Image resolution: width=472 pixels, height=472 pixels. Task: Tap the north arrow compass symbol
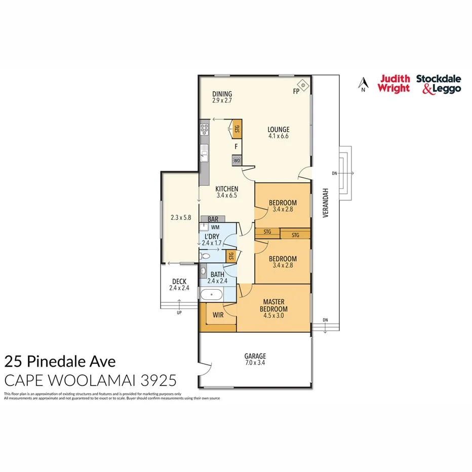(x=362, y=84)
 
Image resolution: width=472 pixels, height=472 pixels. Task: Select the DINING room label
(x=222, y=94)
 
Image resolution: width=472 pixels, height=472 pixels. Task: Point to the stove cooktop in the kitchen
(x=204, y=129)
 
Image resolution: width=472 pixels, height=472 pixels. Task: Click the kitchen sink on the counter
(x=204, y=152)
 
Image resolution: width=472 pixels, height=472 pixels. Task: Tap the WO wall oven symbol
(x=237, y=161)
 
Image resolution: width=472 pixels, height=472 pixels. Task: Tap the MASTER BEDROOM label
(x=273, y=306)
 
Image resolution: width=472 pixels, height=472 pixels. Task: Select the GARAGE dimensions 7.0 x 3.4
(x=255, y=363)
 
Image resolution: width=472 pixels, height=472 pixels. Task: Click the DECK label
(x=179, y=282)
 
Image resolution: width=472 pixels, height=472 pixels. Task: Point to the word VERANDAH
(x=325, y=203)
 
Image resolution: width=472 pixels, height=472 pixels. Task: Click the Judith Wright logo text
(x=394, y=84)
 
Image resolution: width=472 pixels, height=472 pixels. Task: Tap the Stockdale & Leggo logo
(x=439, y=84)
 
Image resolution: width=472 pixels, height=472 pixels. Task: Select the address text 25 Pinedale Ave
(x=60, y=362)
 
